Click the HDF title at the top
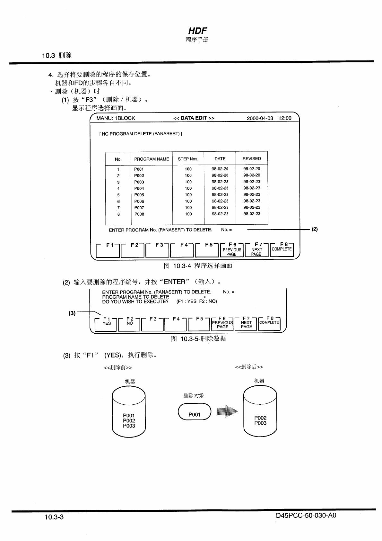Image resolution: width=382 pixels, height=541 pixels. point(197,31)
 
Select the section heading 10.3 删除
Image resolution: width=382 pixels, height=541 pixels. point(57,55)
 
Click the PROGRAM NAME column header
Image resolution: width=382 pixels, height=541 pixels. point(152,159)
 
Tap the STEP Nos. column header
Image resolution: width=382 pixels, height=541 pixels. point(188,159)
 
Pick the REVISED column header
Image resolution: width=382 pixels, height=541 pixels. point(252,158)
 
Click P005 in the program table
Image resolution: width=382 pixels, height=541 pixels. point(139,195)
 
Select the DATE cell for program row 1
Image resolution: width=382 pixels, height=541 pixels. point(220,169)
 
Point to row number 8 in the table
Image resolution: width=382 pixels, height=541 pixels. point(118,214)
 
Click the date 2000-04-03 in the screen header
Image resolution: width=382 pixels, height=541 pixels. point(260,118)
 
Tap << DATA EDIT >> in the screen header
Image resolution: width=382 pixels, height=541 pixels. point(194,118)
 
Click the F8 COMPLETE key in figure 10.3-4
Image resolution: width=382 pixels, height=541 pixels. point(282,249)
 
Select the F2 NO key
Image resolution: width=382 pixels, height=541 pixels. point(129,324)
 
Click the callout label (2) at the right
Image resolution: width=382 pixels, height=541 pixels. point(315,229)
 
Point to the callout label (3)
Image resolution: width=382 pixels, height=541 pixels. point(72,313)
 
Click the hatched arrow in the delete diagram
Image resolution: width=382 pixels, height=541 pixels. point(227,411)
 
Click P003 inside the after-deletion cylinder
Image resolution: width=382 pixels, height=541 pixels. point(260,423)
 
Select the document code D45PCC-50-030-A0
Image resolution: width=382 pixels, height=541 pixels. point(306,516)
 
